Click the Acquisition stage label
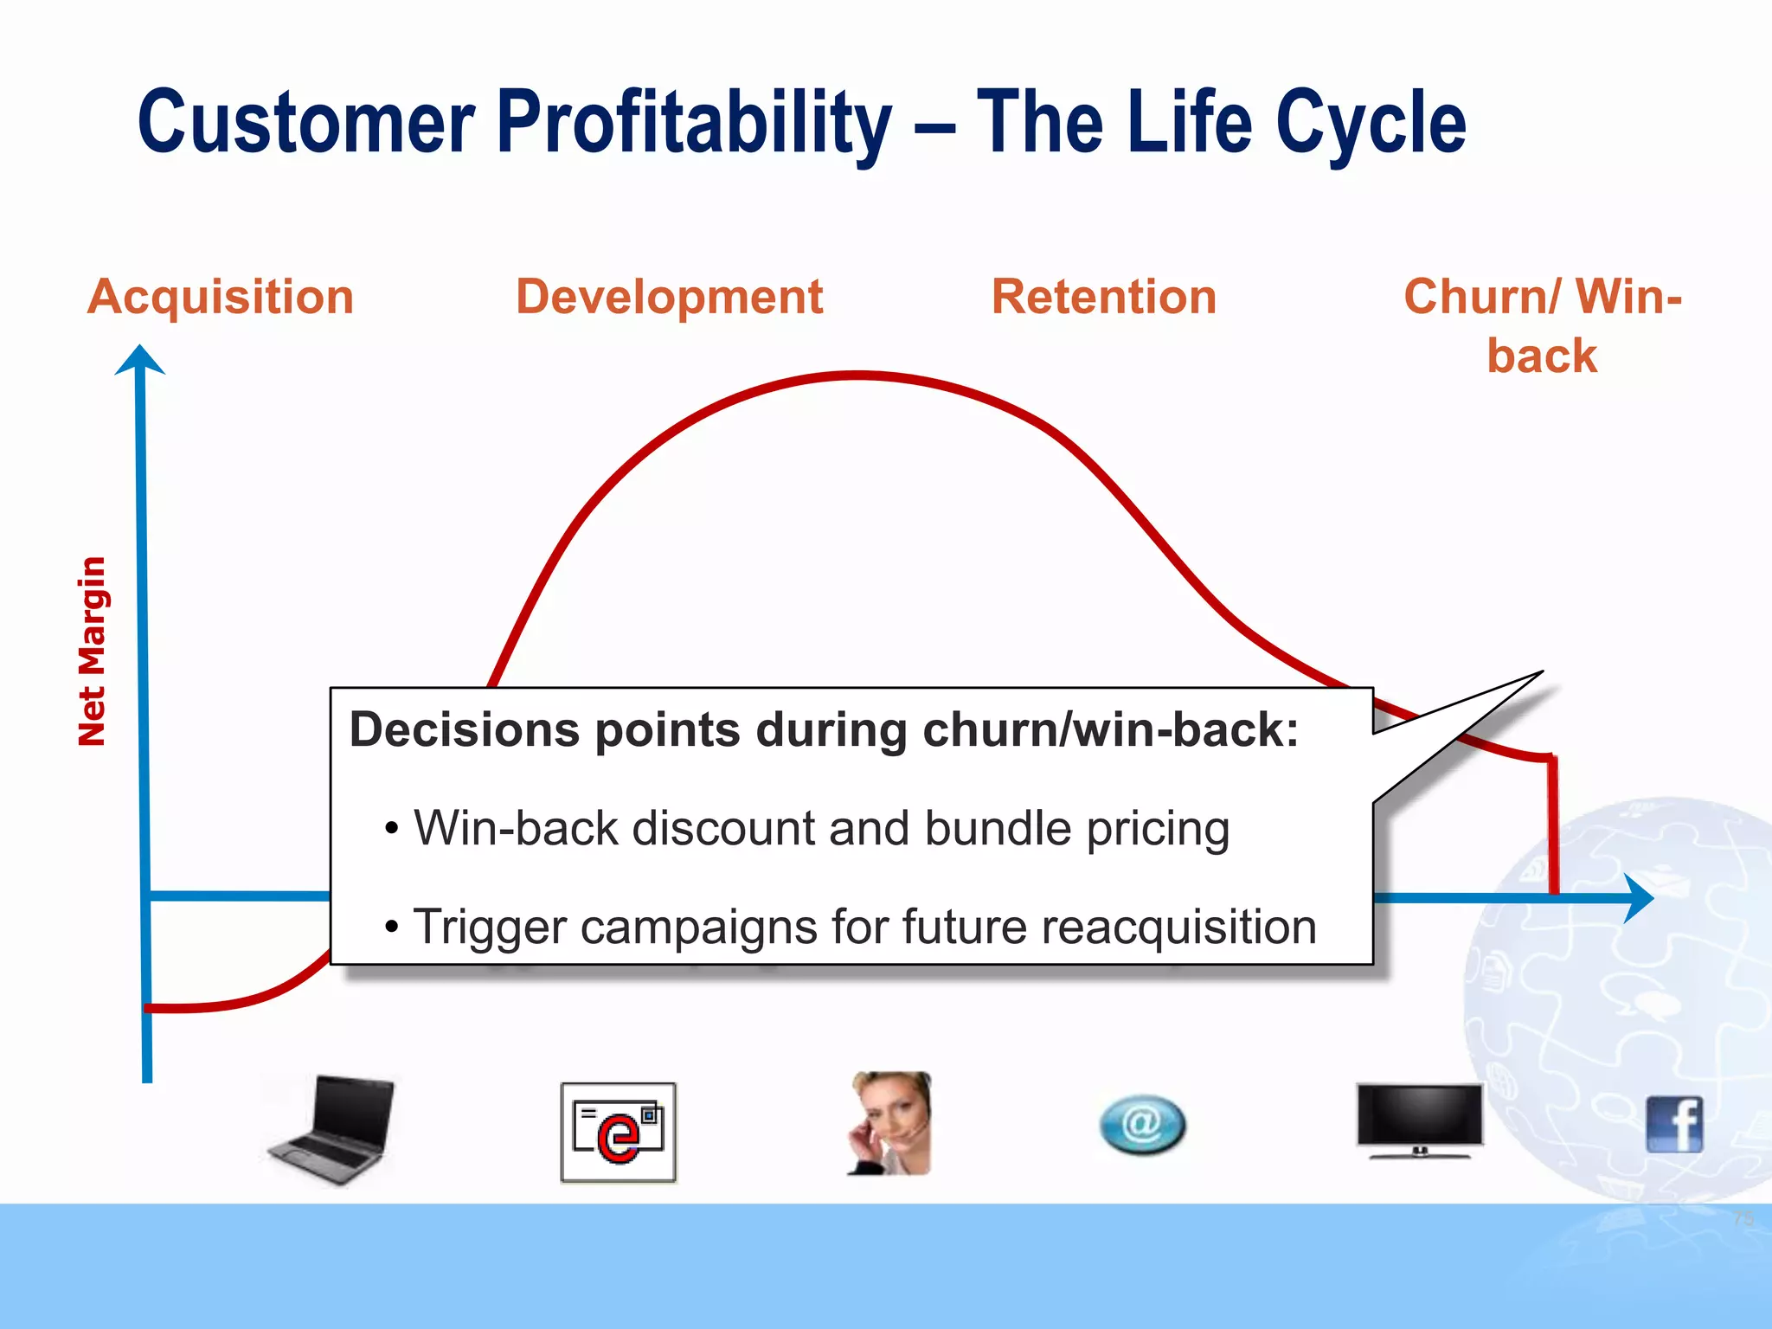[221, 297]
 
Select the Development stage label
[669, 297]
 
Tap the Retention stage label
[1103, 297]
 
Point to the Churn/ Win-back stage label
[1542, 325]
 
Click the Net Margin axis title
[92, 651]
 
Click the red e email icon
[618, 1132]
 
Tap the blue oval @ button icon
[1142, 1125]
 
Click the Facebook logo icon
[1674, 1124]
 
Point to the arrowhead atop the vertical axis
[140, 359]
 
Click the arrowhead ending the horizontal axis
[1638, 898]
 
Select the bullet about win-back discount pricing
[820, 828]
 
